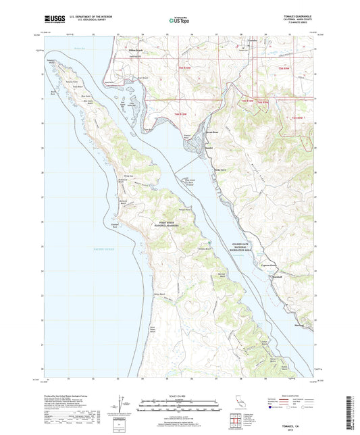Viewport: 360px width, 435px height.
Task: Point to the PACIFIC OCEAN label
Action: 98,249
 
